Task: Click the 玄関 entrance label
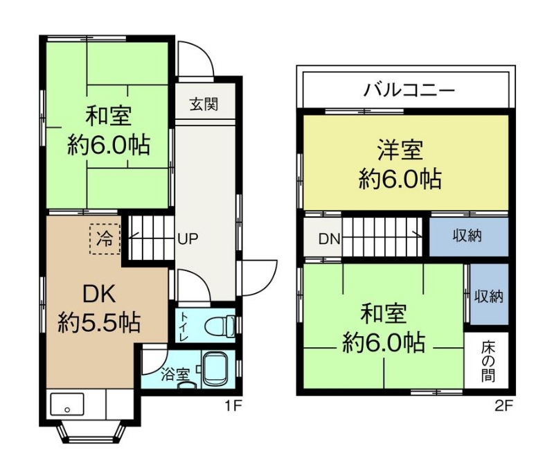(x=204, y=104)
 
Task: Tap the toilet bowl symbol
(x=219, y=326)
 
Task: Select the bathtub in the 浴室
(x=217, y=369)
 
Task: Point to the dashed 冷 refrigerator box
(x=105, y=238)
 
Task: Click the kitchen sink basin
(x=67, y=404)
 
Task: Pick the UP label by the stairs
(x=188, y=239)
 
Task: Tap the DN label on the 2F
(x=330, y=239)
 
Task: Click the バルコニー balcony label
(x=409, y=90)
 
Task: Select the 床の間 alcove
(x=487, y=360)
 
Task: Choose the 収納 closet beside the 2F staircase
(x=469, y=236)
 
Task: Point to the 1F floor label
(x=233, y=405)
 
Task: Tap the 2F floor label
(x=503, y=405)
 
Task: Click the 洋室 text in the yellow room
(x=400, y=150)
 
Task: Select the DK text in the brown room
(x=99, y=294)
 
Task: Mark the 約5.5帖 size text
(x=99, y=322)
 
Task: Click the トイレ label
(x=184, y=326)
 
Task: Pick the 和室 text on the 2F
(x=384, y=313)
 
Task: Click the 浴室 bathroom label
(x=175, y=374)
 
